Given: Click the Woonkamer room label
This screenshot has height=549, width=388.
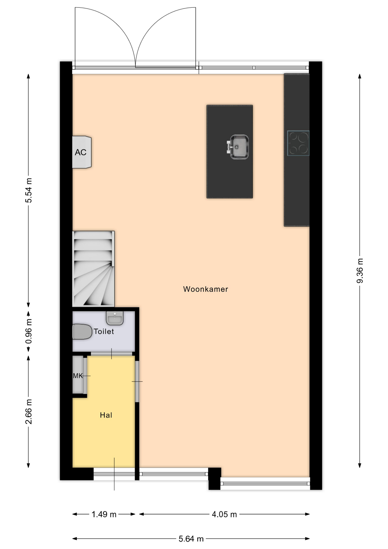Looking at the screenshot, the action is pyautogui.click(x=205, y=289).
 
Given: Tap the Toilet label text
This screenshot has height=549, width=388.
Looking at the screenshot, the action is pyautogui.click(x=104, y=331).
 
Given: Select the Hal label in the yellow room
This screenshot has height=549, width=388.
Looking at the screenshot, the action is pyautogui.click(x=106, y=415).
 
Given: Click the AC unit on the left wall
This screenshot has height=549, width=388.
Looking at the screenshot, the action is pyautogui.click(x=82, y=152).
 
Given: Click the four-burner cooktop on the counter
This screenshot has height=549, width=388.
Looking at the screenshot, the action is pyautogui.click(x=298, y=143).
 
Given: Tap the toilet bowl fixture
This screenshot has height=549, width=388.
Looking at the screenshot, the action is pyautogui.click(x=82, y=332).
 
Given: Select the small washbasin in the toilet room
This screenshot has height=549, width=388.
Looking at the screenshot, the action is pyautogui.click(x=115, y=318).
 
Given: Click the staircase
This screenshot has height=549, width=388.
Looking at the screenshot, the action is pyautogui.click(x=93, y=269).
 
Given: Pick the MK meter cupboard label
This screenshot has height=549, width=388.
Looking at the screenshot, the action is pyautogui.click(x=78, y=376).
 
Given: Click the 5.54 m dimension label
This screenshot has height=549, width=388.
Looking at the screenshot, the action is pyautogui.click(x=29, y=190).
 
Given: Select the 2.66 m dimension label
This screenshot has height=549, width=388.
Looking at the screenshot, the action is pyautogui.click(x=29, y=412).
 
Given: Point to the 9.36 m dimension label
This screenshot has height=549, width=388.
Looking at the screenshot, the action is pyautogui.click(x=360, y=270).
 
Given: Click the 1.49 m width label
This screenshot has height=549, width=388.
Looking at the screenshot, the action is pyautogui.click(x=104, y=514).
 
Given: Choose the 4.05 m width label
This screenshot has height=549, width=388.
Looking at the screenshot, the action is pyautogui.click(x=224, y=514).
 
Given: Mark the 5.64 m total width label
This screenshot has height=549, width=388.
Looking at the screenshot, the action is pyautogui.click(x=191, y=539).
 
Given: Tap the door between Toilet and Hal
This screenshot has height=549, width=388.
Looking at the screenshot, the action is pyautogui.click(x=111, y=354).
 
